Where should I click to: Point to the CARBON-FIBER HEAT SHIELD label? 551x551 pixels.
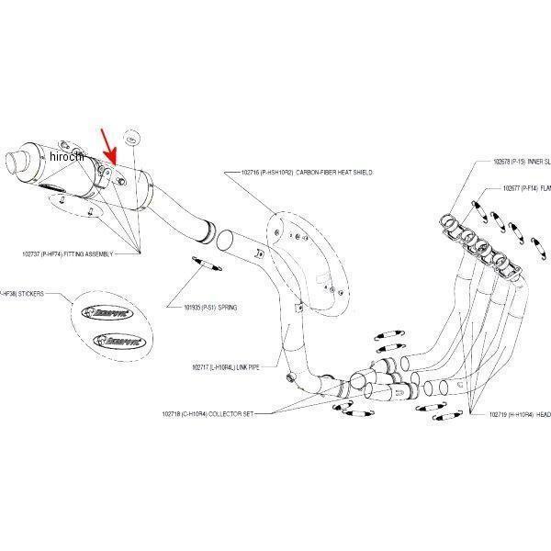[307, 172]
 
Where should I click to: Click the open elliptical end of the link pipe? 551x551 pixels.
[221, 242]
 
